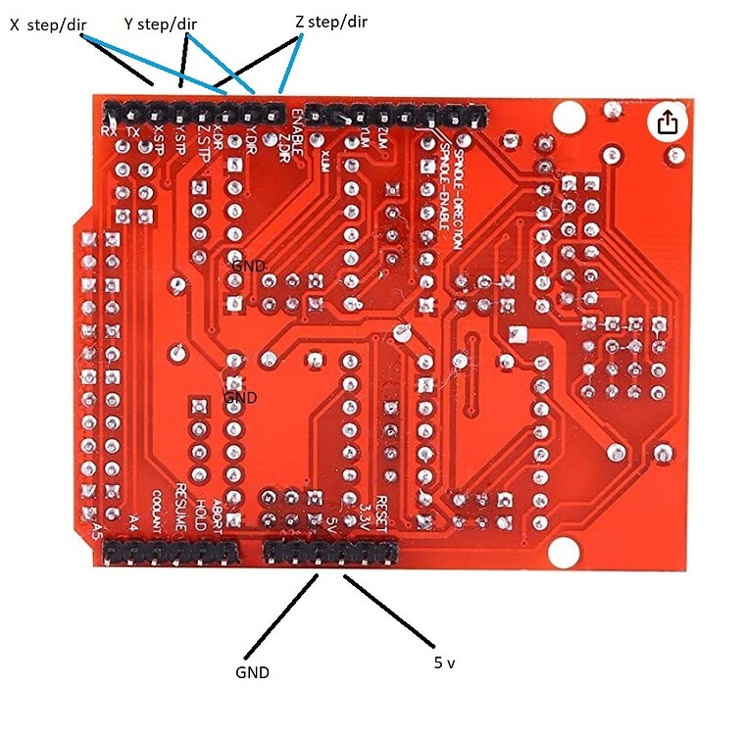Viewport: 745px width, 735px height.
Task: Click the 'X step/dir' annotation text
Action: click(x=46, y=27)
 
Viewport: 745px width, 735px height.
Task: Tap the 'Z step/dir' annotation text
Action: click(x=331, y=20)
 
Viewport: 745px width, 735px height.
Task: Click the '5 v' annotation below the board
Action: click(x=444, y=663)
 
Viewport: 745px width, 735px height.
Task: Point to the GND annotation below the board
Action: click(x=252, y=673)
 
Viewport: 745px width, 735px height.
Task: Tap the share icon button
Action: click(x=668, y=122)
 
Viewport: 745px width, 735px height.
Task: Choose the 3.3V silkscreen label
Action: click(x=364, y=514)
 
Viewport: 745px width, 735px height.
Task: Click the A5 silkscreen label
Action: click(x=96, y=532)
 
